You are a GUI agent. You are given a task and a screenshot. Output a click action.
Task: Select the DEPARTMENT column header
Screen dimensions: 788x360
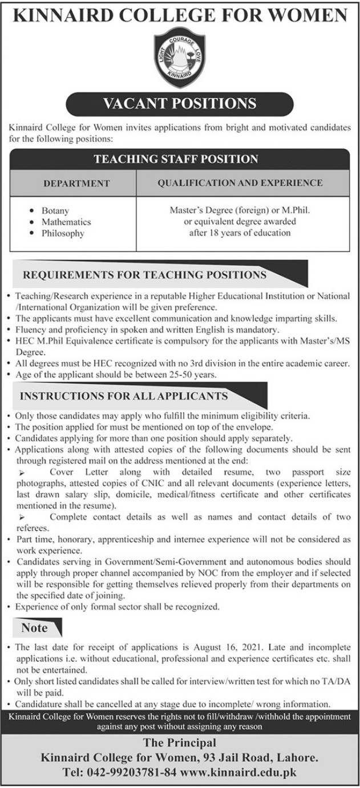[76, 184]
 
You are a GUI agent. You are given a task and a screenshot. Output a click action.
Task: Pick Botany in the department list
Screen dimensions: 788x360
[55, 211]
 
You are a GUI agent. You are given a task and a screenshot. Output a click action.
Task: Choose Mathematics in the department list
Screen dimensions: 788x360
[66, 222]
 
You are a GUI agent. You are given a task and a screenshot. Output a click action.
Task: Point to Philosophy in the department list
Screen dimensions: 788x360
[63, 233]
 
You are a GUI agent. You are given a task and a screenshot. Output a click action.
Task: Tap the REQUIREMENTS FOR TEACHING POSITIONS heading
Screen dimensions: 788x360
[144, 275]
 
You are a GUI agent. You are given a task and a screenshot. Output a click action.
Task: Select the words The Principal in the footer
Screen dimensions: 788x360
[180, 744]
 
